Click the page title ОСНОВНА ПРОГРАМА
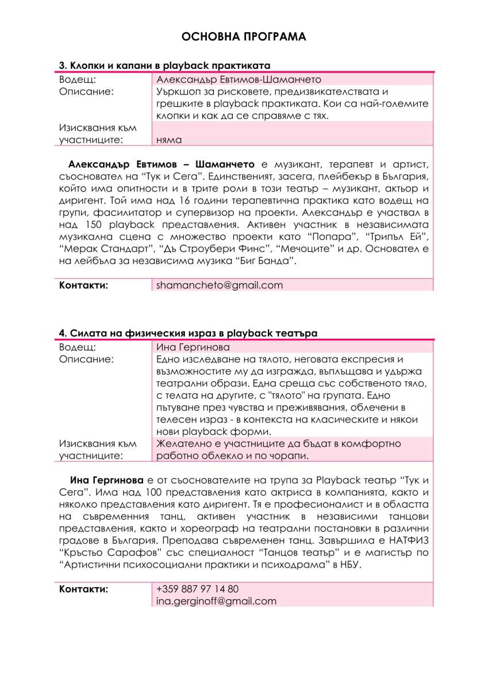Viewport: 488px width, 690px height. pyautogui.click(x=244, y=37)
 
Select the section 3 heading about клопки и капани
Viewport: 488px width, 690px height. pyautogui.click(x=165, y=66)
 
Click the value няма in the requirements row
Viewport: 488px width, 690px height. pyautogui.click(x=169, y=139)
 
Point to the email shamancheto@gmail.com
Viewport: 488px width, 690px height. pyautogui.click(x=220, y=285)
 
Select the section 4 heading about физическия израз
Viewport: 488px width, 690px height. pyautogui.click(x=188, y=333)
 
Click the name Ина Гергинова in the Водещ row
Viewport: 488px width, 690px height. pyautogui.click(x=193, y=347)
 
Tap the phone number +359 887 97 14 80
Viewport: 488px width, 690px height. pyautogui.click(x=197, y=589)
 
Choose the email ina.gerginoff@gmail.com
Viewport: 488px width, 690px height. pyautogui.click(x=216, y=601)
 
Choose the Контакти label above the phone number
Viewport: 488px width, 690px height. pyautogui.click(x=84, y=589)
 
